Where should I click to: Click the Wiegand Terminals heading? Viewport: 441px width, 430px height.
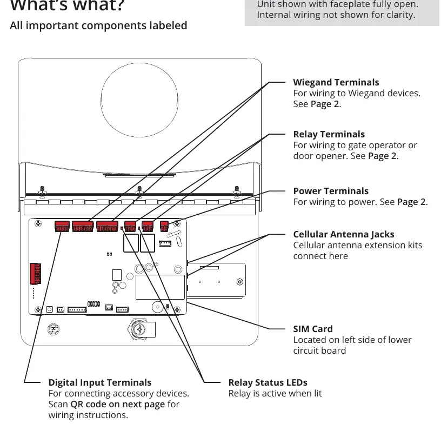tap(336, 82)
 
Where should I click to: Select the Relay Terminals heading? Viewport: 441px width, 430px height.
tap(329, 134)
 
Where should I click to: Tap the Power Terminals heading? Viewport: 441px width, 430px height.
tap(331, 191)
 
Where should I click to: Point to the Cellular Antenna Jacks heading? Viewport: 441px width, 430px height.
tap(343, 234)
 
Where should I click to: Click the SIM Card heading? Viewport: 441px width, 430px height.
tap(313, 329)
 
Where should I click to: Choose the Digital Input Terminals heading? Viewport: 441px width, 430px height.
tap(100, 382)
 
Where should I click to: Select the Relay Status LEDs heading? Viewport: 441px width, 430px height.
tap(268, 382)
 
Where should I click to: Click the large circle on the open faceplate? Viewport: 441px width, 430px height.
tap(139, 100)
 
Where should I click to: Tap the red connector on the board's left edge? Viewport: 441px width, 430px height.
tap(36, 274)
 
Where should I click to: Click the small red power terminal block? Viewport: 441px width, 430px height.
tap(164, 226)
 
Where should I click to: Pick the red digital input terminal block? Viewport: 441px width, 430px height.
tap(62, 226)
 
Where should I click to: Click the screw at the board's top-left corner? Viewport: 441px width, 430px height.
tap(38, 224)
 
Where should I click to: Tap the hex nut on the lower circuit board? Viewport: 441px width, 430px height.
tap(239, 282)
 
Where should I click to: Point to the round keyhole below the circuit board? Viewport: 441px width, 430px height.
tap(54, 329)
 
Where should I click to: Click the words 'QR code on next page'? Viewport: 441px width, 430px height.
tap(118, 404)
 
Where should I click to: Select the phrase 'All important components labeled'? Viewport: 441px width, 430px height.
tap(98, 25)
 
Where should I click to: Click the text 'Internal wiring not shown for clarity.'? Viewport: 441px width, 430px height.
tap(336, 15)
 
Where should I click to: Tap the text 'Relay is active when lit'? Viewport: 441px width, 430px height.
tap(275, 393)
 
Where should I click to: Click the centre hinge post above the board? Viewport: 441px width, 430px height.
tap(139, 190)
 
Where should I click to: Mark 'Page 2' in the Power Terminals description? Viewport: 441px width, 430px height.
tap(411, 202)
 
